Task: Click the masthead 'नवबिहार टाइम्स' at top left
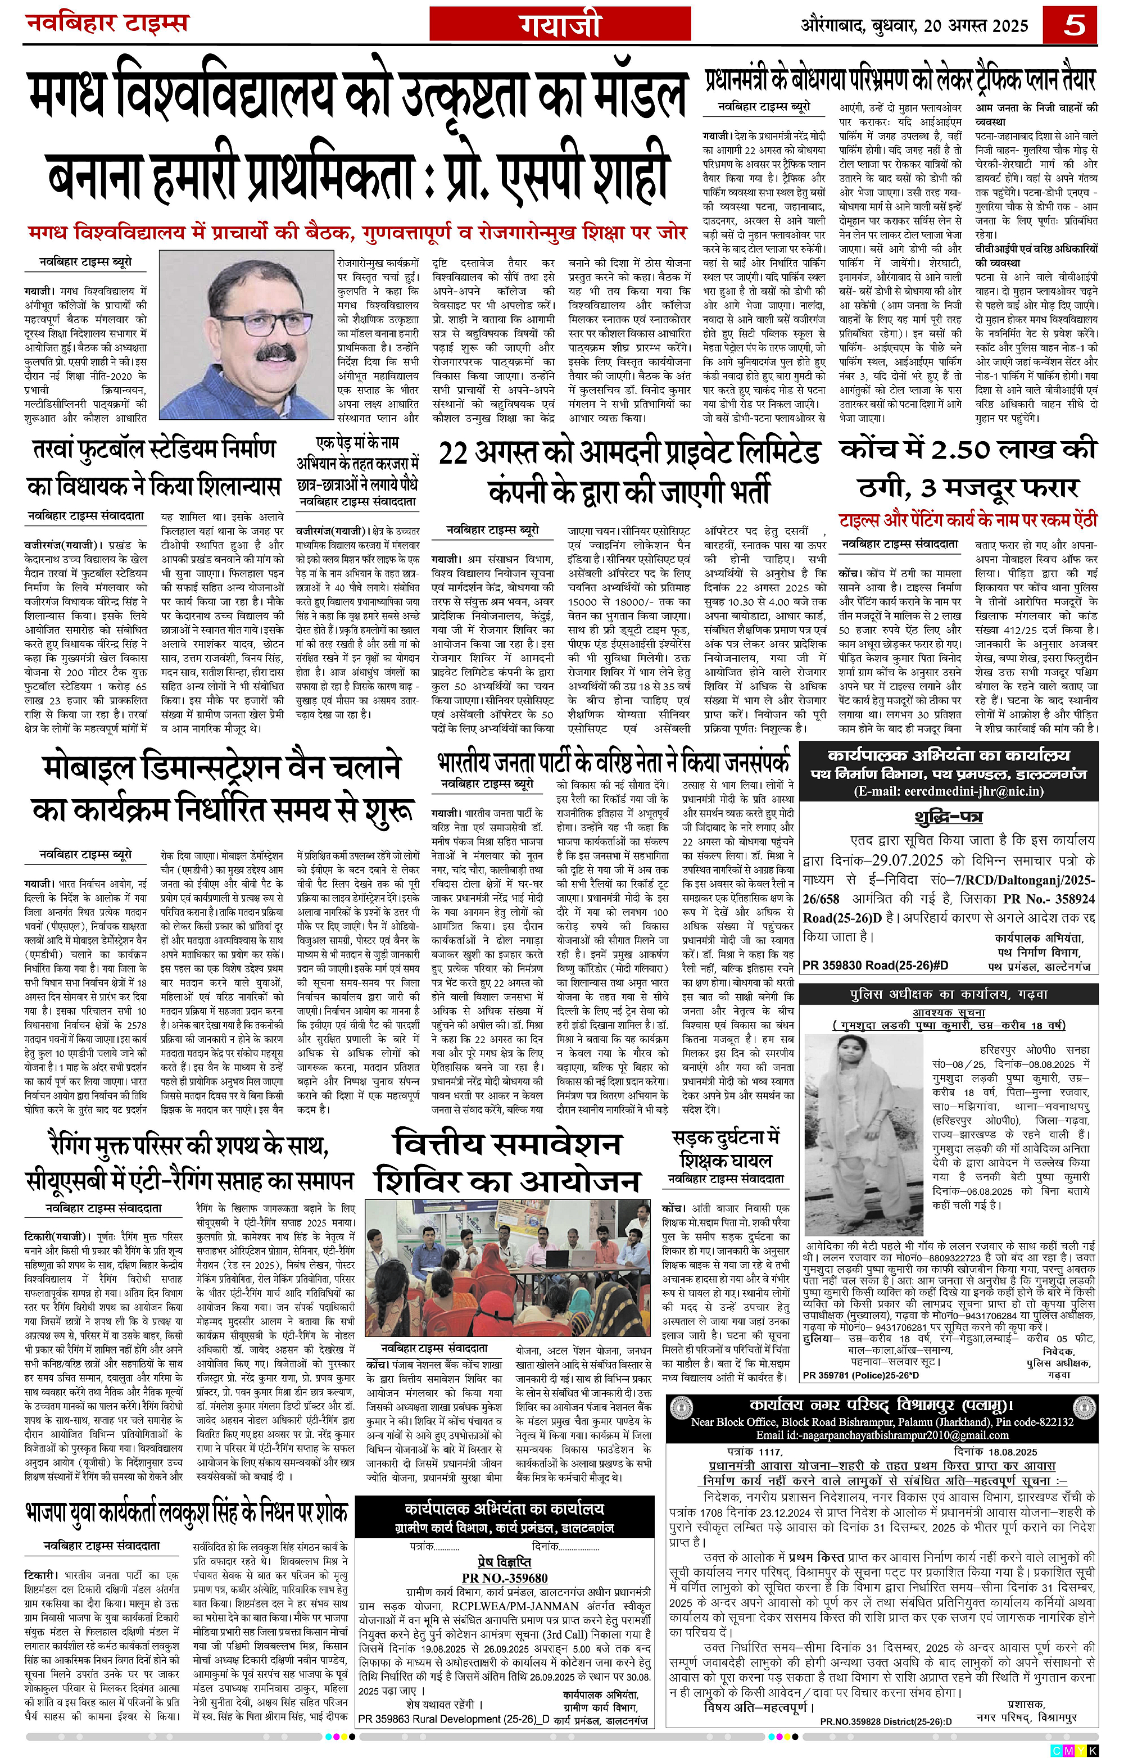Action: [x=107, y=24]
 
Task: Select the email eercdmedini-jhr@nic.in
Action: [x=948, y=791]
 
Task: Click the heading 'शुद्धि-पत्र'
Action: [x=948, y=815]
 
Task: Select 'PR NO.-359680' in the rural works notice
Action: [x=504, y=1578]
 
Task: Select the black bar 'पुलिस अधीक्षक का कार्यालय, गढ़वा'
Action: [x=948, y=994]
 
